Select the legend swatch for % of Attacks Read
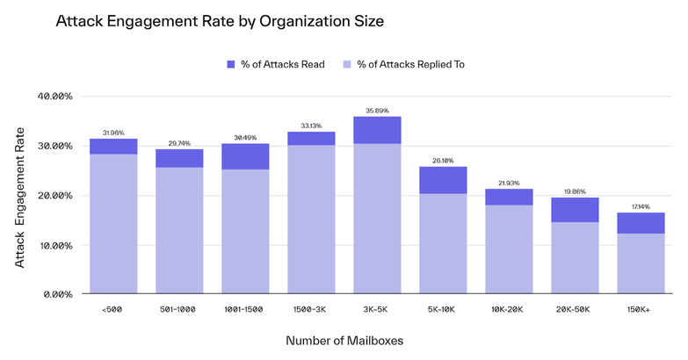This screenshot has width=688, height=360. (233, 64)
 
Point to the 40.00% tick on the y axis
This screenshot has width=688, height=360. (57, 97)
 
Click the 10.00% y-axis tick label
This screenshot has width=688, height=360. (57, 245)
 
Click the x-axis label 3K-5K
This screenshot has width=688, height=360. (377, 310)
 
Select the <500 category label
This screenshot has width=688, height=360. (113, 310)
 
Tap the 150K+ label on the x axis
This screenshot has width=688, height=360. (640, 310)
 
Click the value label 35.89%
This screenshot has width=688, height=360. (377, 111)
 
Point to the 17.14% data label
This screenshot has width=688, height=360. (640, 206)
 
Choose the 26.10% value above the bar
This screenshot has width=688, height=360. (443, 161)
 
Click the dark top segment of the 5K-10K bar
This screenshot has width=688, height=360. (443, 180)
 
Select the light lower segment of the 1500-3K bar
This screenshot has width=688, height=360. (311, 220)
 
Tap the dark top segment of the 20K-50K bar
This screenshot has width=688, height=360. (574, 210)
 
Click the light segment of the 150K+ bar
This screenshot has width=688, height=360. (640, 263)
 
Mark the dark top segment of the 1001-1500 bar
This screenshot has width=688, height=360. (245, 156)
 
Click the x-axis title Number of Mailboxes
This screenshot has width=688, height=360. (344, 340)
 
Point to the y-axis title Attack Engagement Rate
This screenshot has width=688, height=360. (20, 196)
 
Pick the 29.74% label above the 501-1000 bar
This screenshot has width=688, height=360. (179, 143)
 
